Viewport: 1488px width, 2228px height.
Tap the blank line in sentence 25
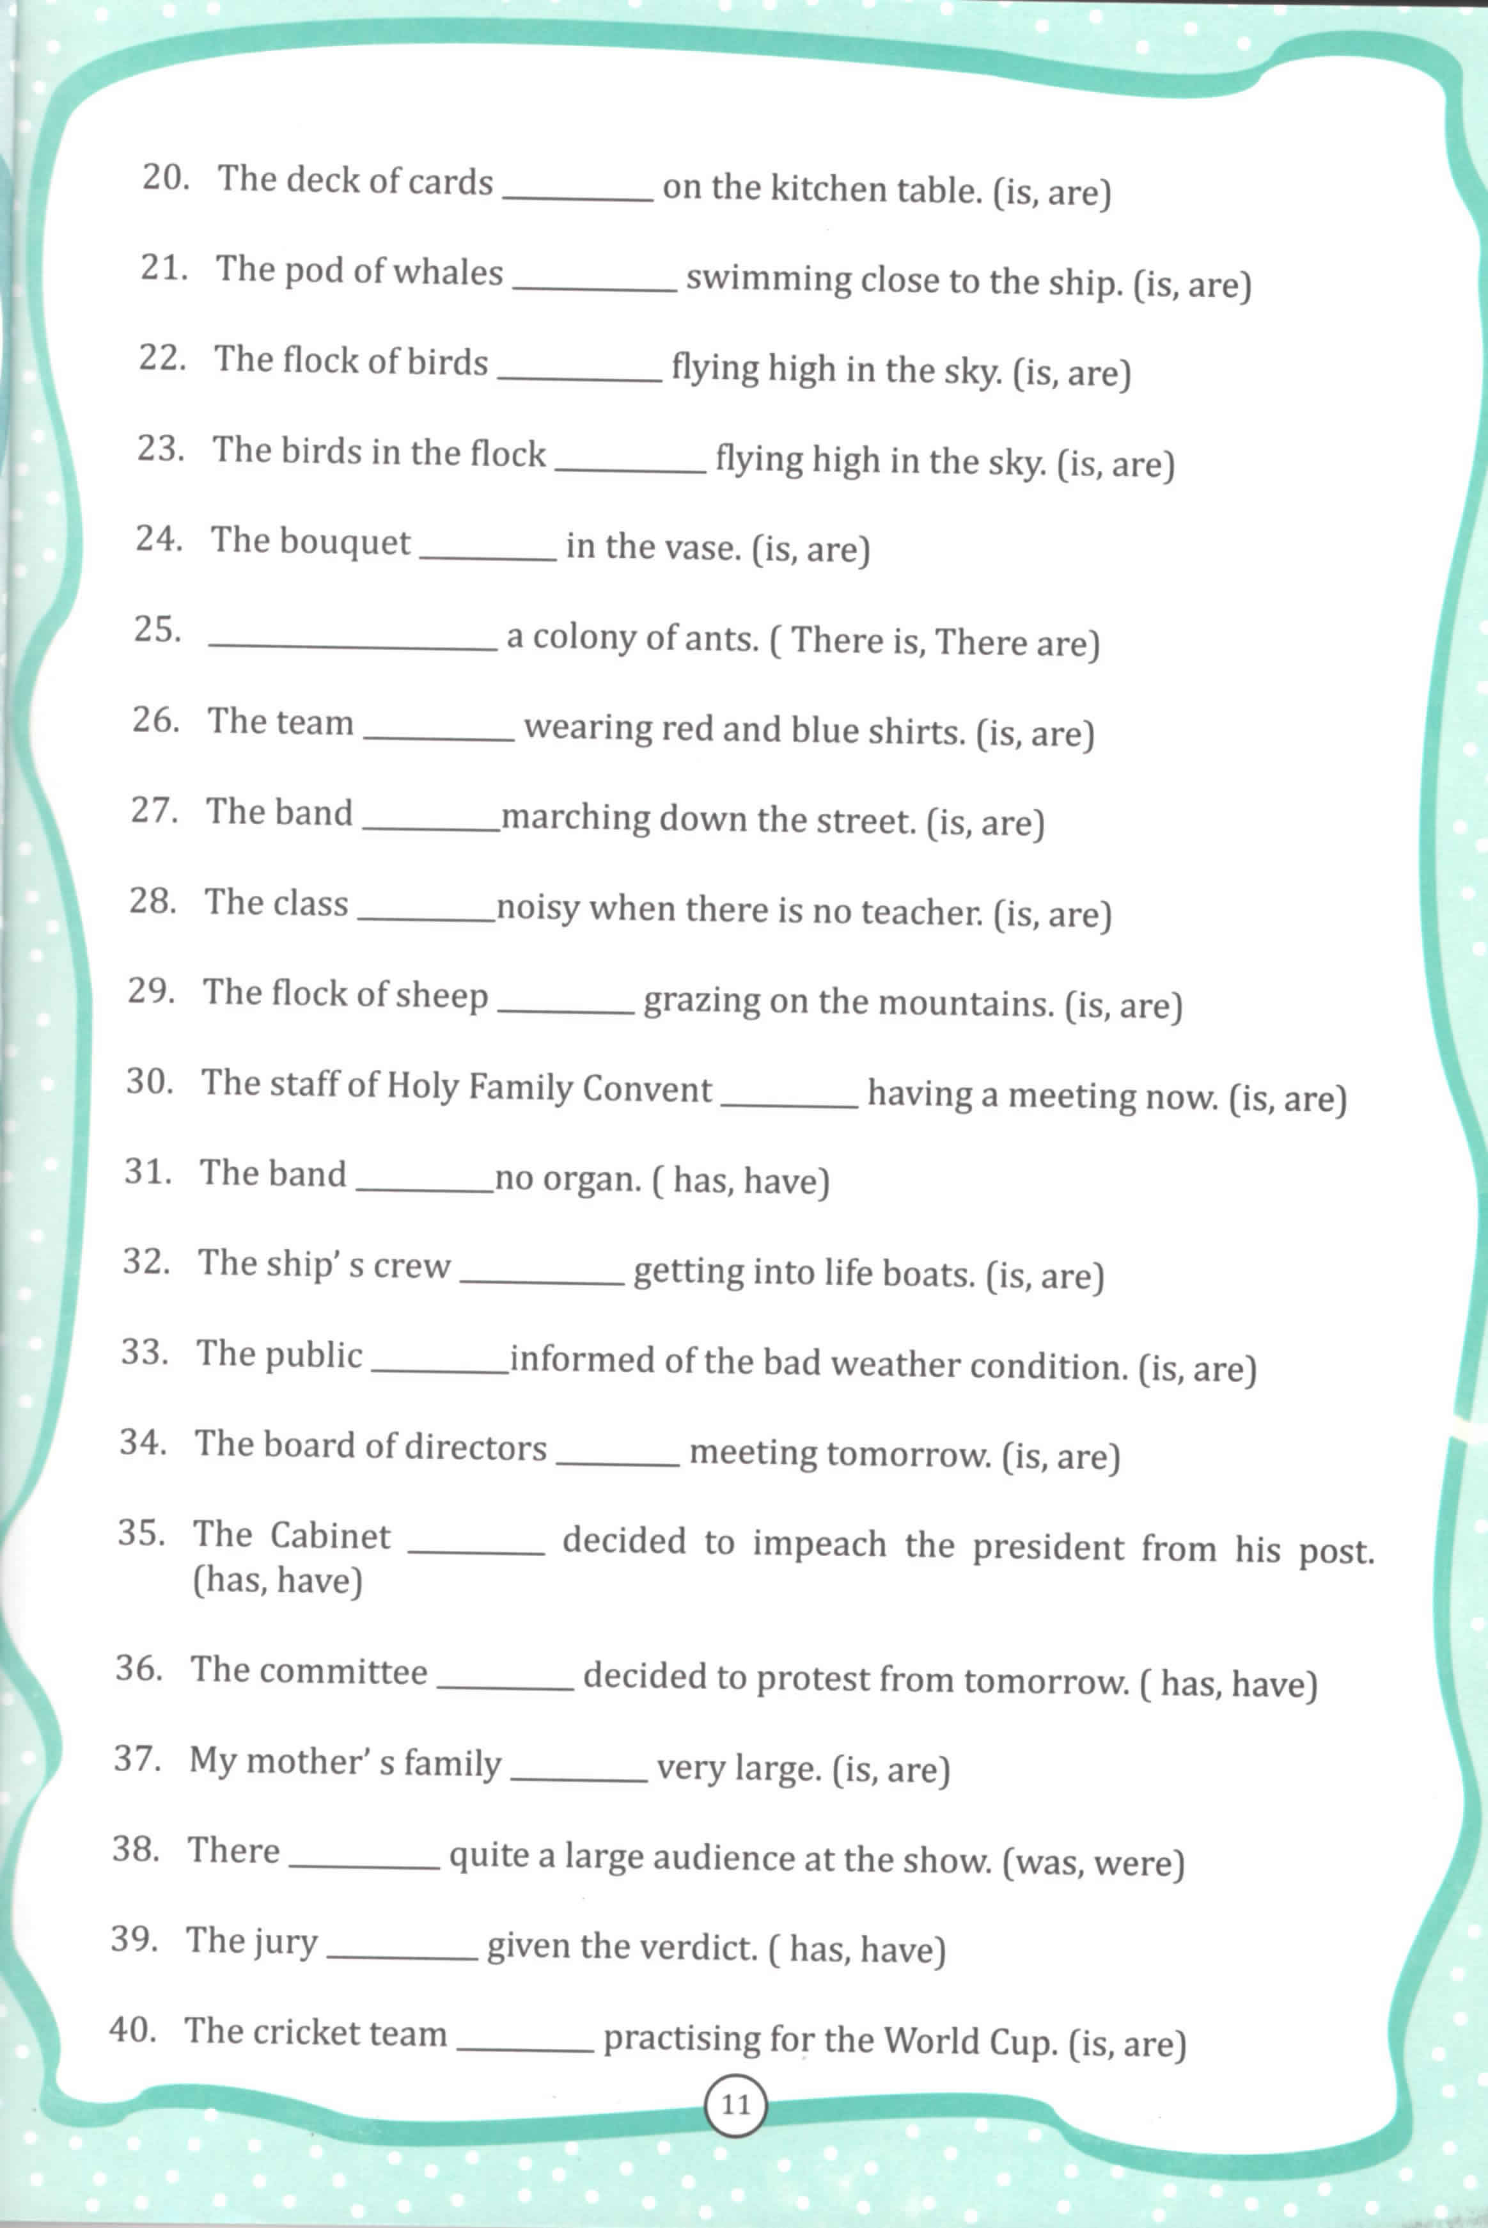pyautogui.click(x=352, y=646)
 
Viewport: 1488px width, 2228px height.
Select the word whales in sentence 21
pyautogui.click(x=448, y=273)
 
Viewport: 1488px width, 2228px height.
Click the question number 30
pyautogui.click(x=150, y=1081)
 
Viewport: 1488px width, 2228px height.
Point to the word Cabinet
pyautogui.click(x=330, y=1536)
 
